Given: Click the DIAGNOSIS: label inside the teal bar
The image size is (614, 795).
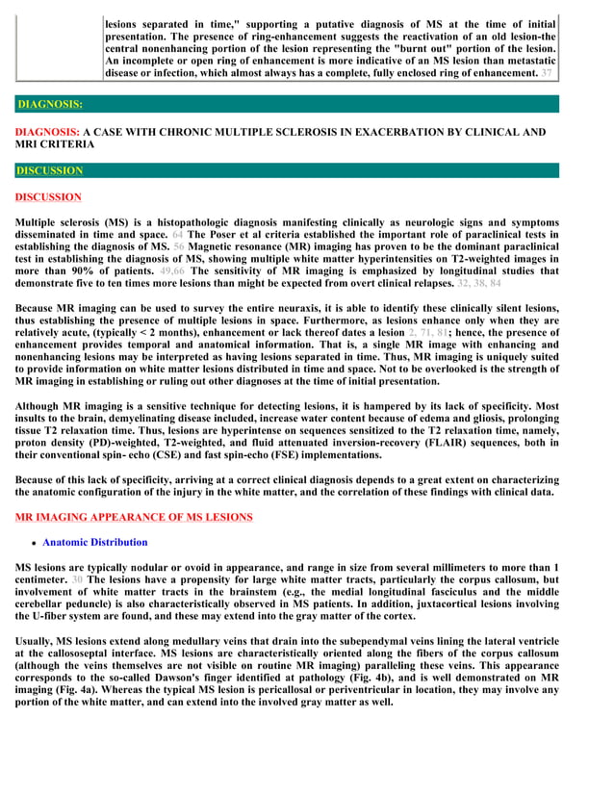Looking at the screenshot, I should click(49, 104).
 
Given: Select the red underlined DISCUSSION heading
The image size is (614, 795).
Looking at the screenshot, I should click(48, 197).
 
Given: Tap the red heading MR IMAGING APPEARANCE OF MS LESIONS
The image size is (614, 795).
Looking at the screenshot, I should click(134, 517).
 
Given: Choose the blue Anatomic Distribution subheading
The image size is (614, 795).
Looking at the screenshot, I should click(95, 543).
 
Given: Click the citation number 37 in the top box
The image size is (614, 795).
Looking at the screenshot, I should click(547, 73).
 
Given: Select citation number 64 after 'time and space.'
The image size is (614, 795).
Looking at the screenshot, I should click(178, 234).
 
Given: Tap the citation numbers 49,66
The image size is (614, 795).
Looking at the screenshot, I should click(174, 271).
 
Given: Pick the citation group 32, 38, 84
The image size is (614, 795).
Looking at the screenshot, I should click(479, 284).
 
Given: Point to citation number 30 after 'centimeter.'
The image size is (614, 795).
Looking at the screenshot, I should click(77, 580).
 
